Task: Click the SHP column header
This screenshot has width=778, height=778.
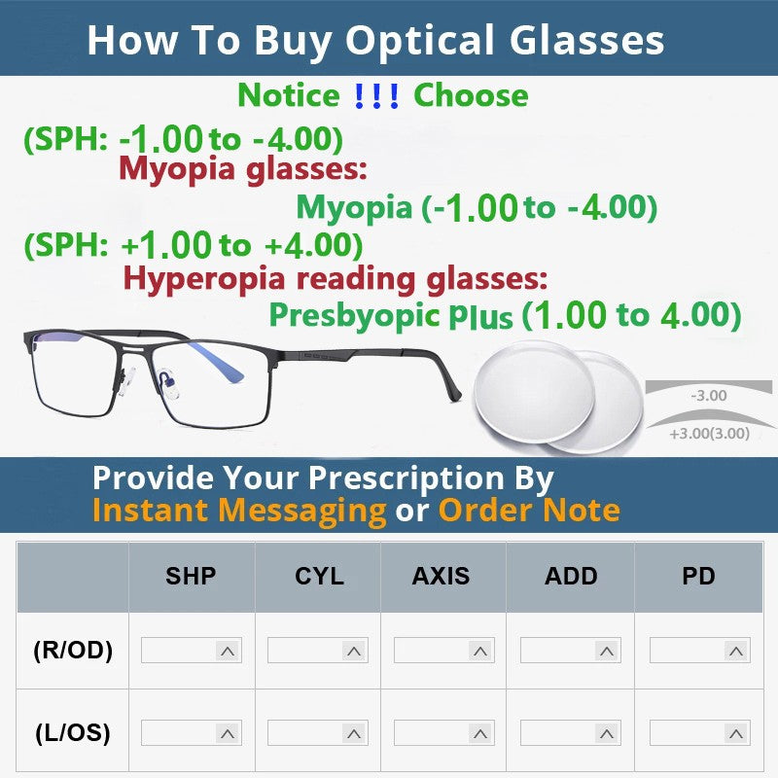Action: (x=191, y=576)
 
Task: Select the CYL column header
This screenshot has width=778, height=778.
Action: (x=319, y=576)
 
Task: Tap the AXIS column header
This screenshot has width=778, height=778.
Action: (x=441, y=576)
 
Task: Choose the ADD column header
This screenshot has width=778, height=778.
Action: (x=571, y=576)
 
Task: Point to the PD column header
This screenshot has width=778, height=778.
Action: (x=698, y=576)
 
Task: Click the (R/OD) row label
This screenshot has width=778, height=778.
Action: (x=73, y=651)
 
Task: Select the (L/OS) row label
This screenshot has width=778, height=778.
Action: (x=73, y=732)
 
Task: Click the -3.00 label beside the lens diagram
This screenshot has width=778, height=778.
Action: (x=707, y=396)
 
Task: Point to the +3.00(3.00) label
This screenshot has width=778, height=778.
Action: (x=709, y=434)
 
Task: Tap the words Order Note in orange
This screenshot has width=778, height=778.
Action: (x=529, y=510)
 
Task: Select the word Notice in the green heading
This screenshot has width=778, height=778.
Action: (x=289, y=95)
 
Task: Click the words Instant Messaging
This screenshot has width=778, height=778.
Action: (x=239, y=510)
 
